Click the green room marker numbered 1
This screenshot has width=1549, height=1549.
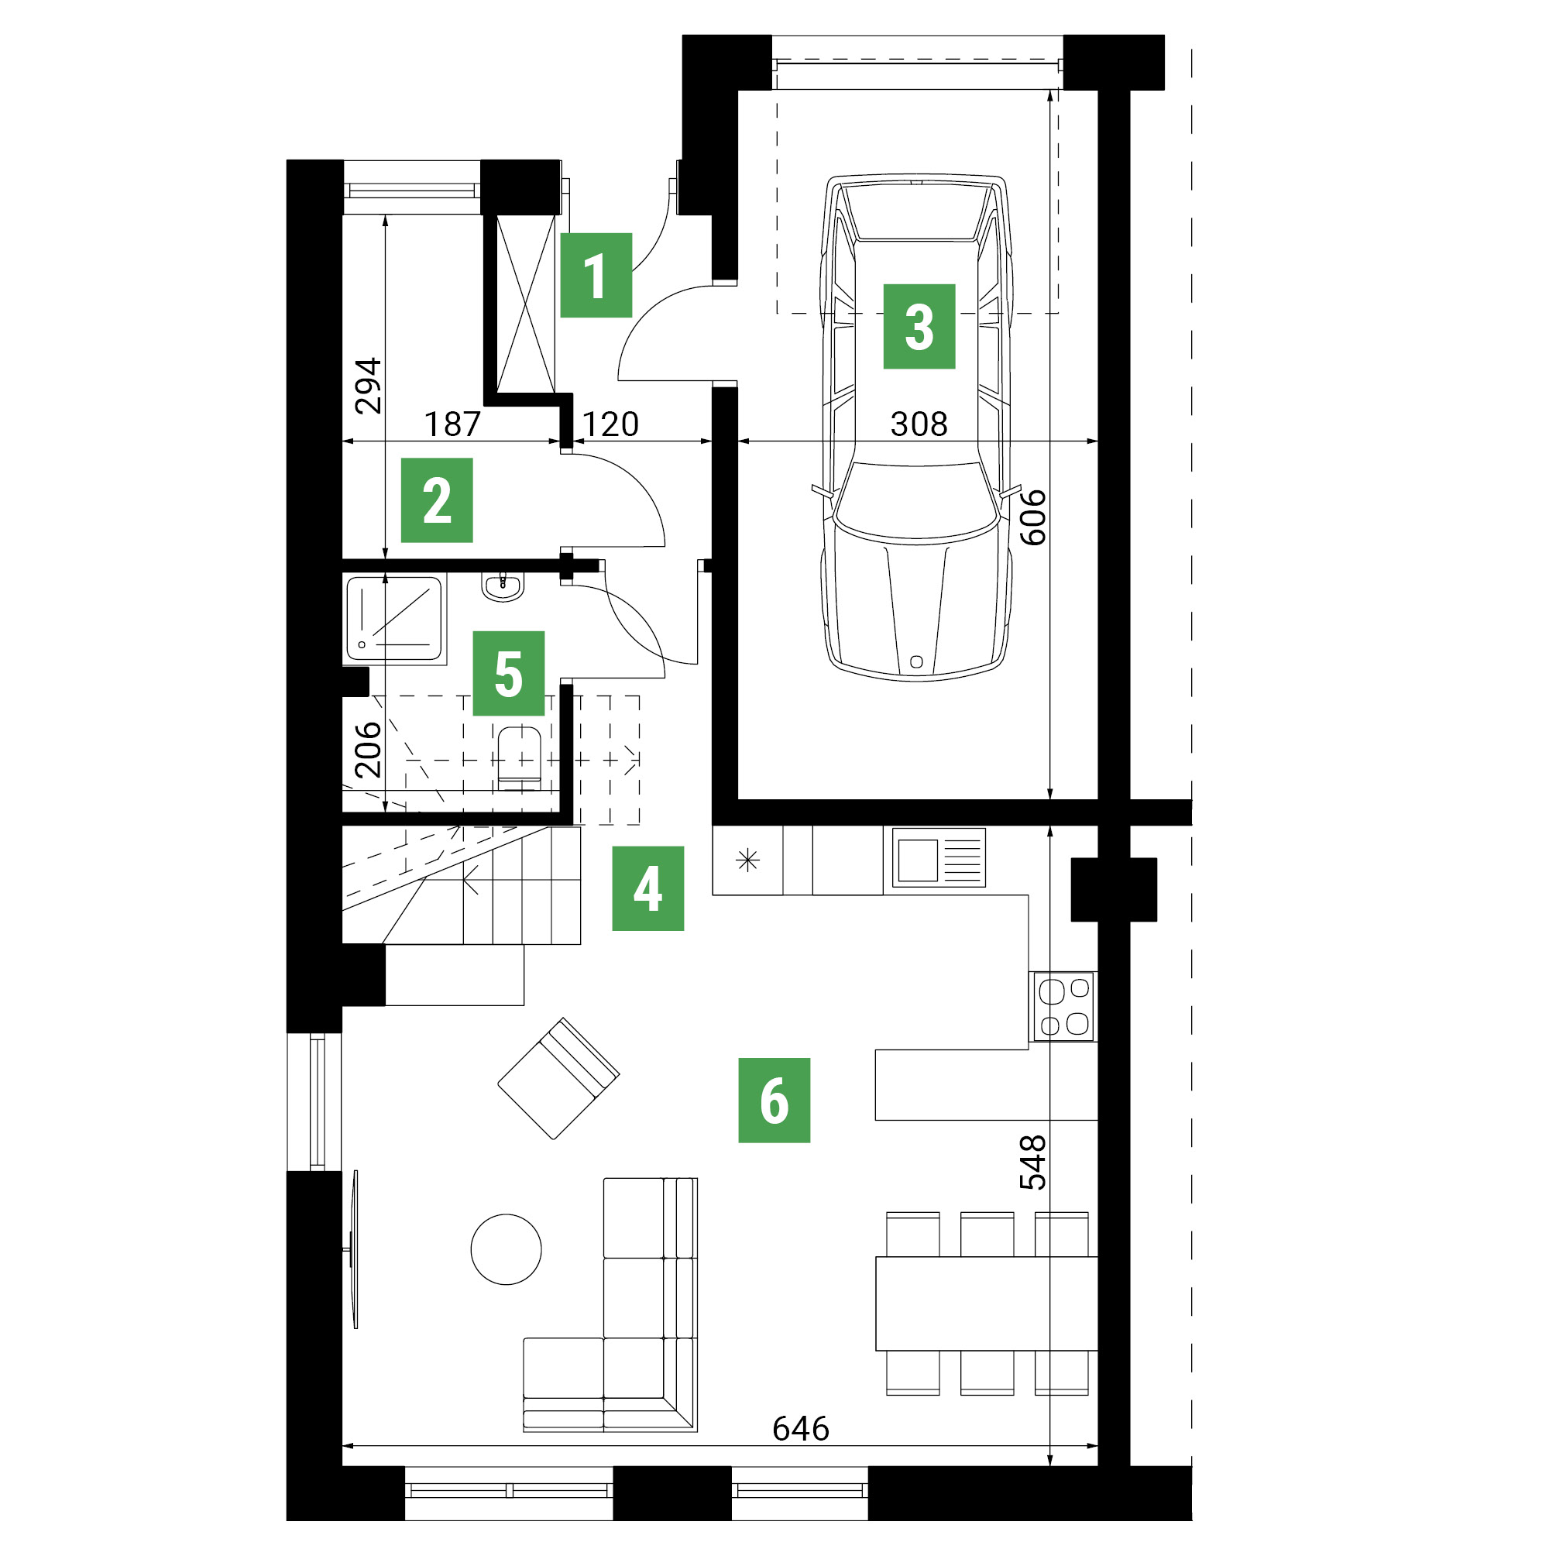coord(596,275)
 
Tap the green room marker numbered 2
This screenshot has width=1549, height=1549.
coord(436,500)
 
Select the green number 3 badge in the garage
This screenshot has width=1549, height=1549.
coord(919,326)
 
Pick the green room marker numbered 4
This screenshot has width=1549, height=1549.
coord(647,888)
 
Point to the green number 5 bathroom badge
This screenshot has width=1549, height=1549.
coord(508,674)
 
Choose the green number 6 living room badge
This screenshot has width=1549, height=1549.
coord(774,1100)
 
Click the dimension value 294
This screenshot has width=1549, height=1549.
coord(368,386)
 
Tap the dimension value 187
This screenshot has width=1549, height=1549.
coord(452,424)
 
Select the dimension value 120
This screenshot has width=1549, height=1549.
coord(610,424)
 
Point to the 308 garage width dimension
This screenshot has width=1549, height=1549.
coord(919,424)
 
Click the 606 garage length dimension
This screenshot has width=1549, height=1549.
coord(1032,517)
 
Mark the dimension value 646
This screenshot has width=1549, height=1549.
coord(800,1429)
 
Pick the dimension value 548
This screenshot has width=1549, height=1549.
coord(1032,1162)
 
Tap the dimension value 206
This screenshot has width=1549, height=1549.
coord(368,750)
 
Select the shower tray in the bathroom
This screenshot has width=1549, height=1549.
coord(394,619)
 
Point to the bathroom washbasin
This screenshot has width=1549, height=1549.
coord(503,586)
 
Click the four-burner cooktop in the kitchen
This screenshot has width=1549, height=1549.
coord(1063,1006)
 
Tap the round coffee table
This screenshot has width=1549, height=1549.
coord(506,1249)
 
